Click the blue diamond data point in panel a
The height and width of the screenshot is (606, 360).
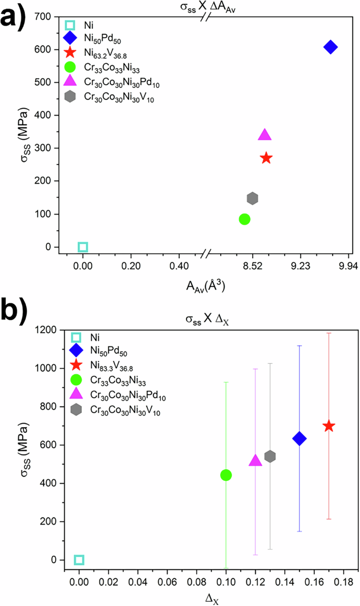pos(330,47)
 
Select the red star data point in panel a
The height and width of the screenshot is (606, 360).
pos(266,158)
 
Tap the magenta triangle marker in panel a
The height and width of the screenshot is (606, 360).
pos(265,135)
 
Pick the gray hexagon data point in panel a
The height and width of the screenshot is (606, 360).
pos(252,198)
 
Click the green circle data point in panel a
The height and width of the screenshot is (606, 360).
pos(244,219)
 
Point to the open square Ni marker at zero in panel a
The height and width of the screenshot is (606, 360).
pos(83,247)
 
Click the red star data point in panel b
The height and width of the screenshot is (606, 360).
pos(329,426)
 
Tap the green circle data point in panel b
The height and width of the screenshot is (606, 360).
pos(226,475)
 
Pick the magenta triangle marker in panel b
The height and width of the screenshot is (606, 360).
pos(255,461)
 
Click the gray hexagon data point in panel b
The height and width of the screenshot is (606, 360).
pos(270,456)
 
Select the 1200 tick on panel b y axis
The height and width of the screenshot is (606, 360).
pos(48,330)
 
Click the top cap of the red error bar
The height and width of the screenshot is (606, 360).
pos(329,333)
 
